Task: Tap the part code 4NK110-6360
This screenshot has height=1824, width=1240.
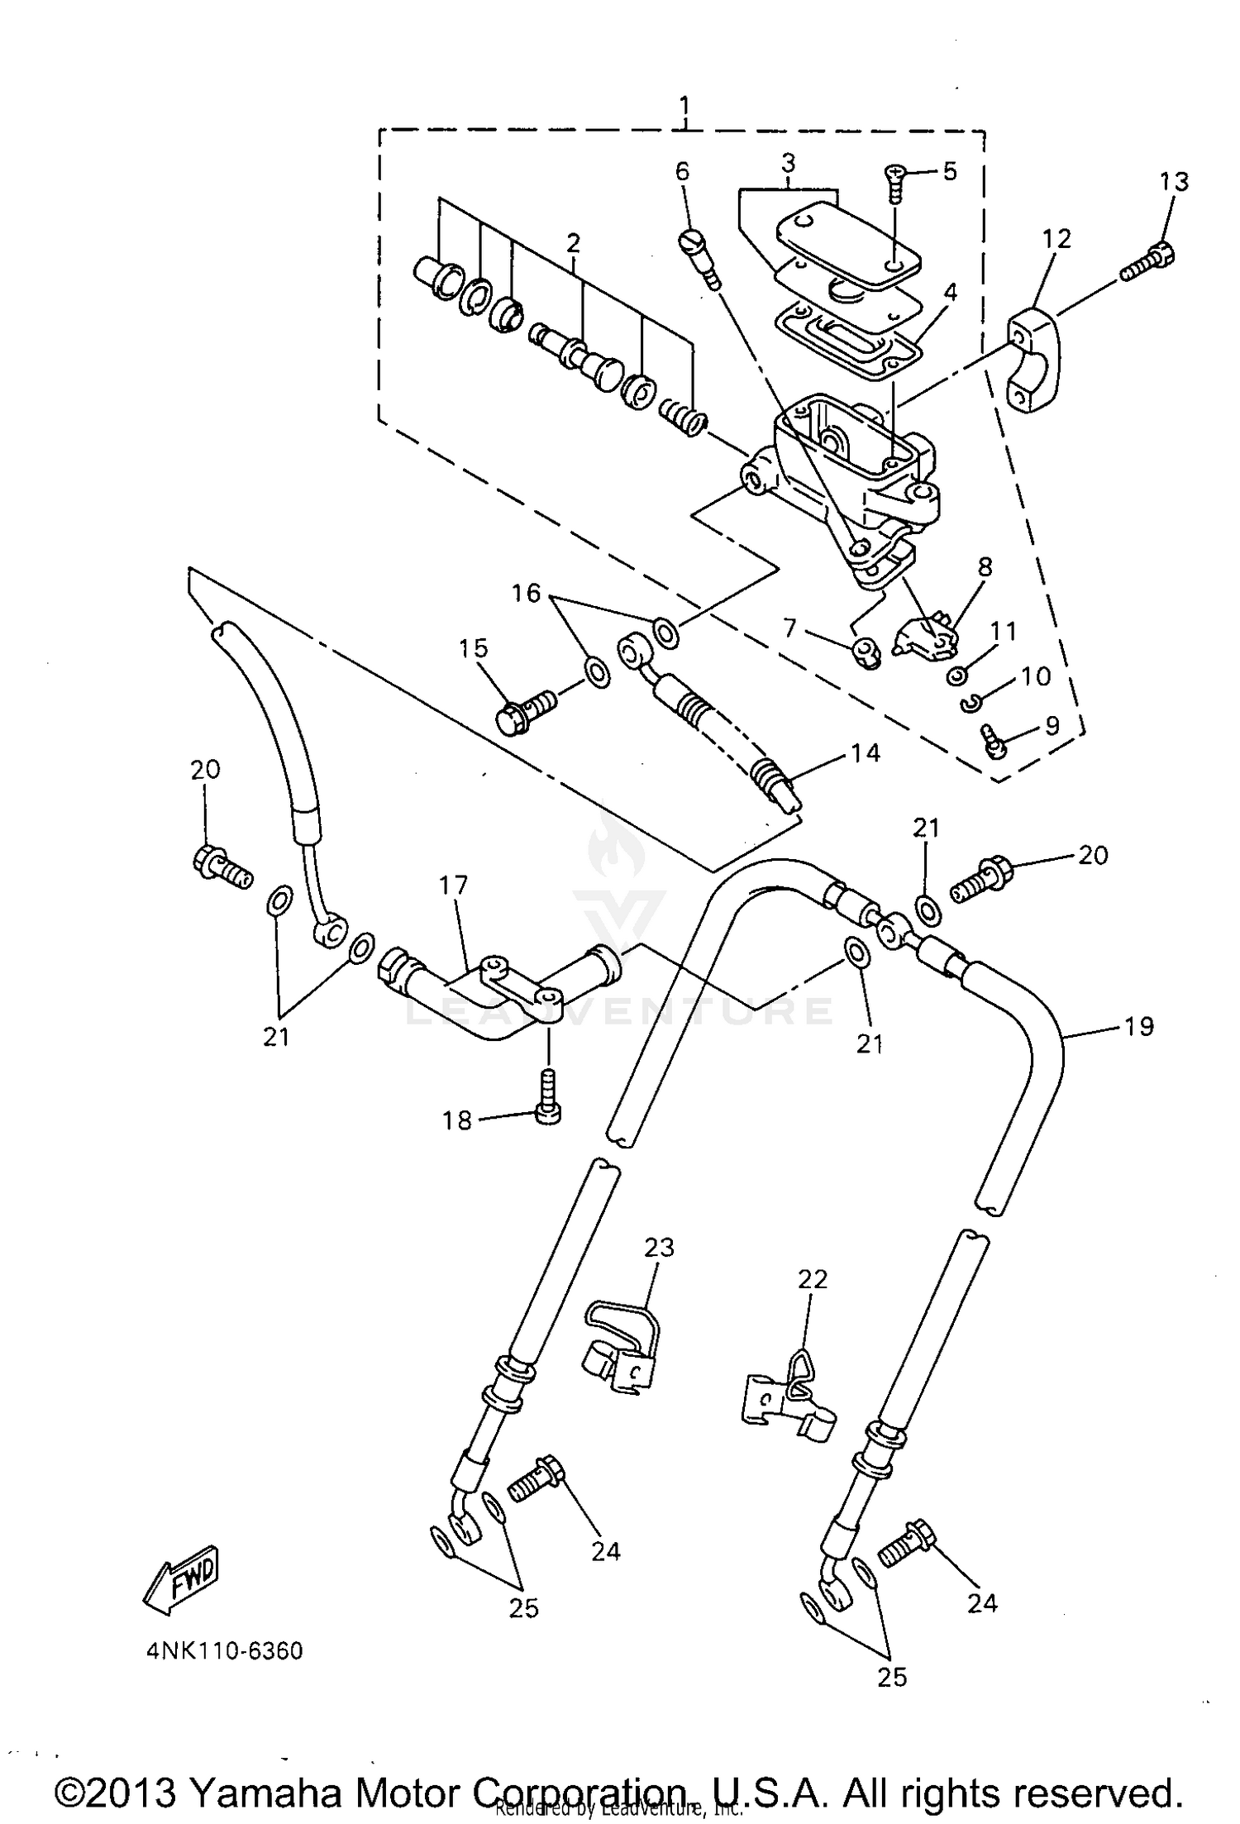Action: (x=224, y=1651)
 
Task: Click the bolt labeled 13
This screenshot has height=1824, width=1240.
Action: (x=1149, y=260)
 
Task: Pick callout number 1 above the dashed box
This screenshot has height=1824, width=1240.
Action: (x=684, y=106)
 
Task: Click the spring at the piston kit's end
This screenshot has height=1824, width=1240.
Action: (x=684, y=416)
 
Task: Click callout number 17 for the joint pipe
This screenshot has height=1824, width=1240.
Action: (x=454, y=885)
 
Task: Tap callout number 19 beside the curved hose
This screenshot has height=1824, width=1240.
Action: (x=1138, y=1026)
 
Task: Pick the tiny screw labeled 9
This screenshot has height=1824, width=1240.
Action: (x=991, y=738)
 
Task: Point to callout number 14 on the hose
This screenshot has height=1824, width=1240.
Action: (x=865, y=753)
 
